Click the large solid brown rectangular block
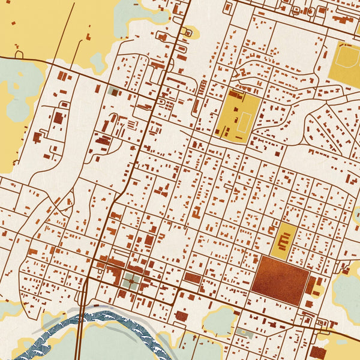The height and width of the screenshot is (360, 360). point(280,280)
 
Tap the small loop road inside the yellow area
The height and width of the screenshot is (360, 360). point(19,55)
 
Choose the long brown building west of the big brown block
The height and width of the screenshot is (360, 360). point(192,278)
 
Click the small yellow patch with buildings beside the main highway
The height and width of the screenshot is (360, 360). point(190,32)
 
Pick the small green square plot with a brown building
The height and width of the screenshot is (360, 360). point(113,92)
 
